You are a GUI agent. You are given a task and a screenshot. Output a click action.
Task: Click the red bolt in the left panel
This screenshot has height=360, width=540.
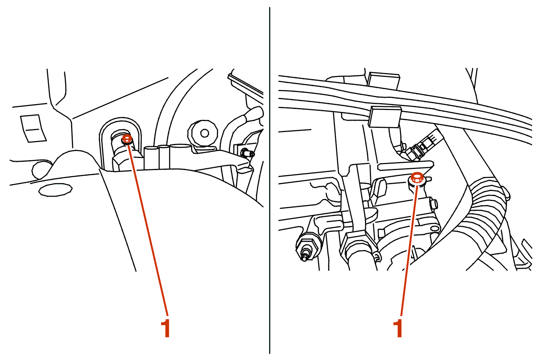click(x=127, y=139)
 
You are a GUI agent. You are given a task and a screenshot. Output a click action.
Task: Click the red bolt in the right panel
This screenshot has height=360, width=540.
click(x=417, y=177)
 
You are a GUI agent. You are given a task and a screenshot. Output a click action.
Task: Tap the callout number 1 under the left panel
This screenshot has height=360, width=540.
click(x=166, y=328)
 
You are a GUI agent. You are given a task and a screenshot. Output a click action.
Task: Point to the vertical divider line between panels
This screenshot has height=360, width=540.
click(x=269, y=180)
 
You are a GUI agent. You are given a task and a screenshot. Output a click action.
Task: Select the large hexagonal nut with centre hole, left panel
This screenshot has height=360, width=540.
click(x=203, y=133)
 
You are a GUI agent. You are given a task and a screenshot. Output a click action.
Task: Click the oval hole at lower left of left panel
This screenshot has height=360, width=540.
click(x=55, y=190)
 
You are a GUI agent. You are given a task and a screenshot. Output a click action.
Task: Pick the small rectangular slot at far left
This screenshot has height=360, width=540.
click(x=33, y=128)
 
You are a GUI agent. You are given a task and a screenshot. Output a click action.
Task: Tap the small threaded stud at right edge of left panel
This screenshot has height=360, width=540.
click(x=247, y=153)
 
